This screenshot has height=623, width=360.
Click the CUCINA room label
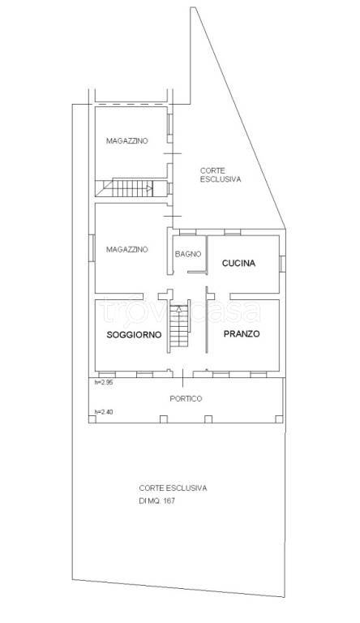click(x=238, y=263)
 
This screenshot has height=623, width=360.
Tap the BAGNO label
click(x=188, y=254)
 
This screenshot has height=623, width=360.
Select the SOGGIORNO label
click(x=134, y=335)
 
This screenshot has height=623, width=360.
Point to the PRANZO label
click(x=242, y=333)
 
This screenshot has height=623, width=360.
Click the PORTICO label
click(x=186, y=398)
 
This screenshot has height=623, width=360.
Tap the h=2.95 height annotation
click(x=104, y=382)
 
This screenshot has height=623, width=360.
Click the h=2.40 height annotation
click(x=104, y=412)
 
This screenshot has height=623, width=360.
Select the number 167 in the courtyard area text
click(x=169, y=501)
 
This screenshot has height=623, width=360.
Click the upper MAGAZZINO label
click(x=126, y=140)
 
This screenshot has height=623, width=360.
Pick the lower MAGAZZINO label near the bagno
click(x=126, y=250)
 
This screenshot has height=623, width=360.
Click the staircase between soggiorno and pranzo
click(x=179, y=326)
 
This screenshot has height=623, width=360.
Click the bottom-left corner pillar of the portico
click(x=92, y=419)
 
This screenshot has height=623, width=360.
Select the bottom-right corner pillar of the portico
click(x=279, y=419)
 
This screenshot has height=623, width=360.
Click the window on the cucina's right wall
click(x=282, y=264)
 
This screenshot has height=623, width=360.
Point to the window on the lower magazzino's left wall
click(x=92, y=248)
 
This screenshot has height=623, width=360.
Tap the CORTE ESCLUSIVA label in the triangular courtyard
click(x=220, y=175)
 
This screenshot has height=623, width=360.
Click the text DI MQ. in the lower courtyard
click(x=150, y=501)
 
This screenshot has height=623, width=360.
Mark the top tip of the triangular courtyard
click(x=194, y=7)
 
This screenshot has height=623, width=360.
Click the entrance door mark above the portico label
click(x=182, y=378)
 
